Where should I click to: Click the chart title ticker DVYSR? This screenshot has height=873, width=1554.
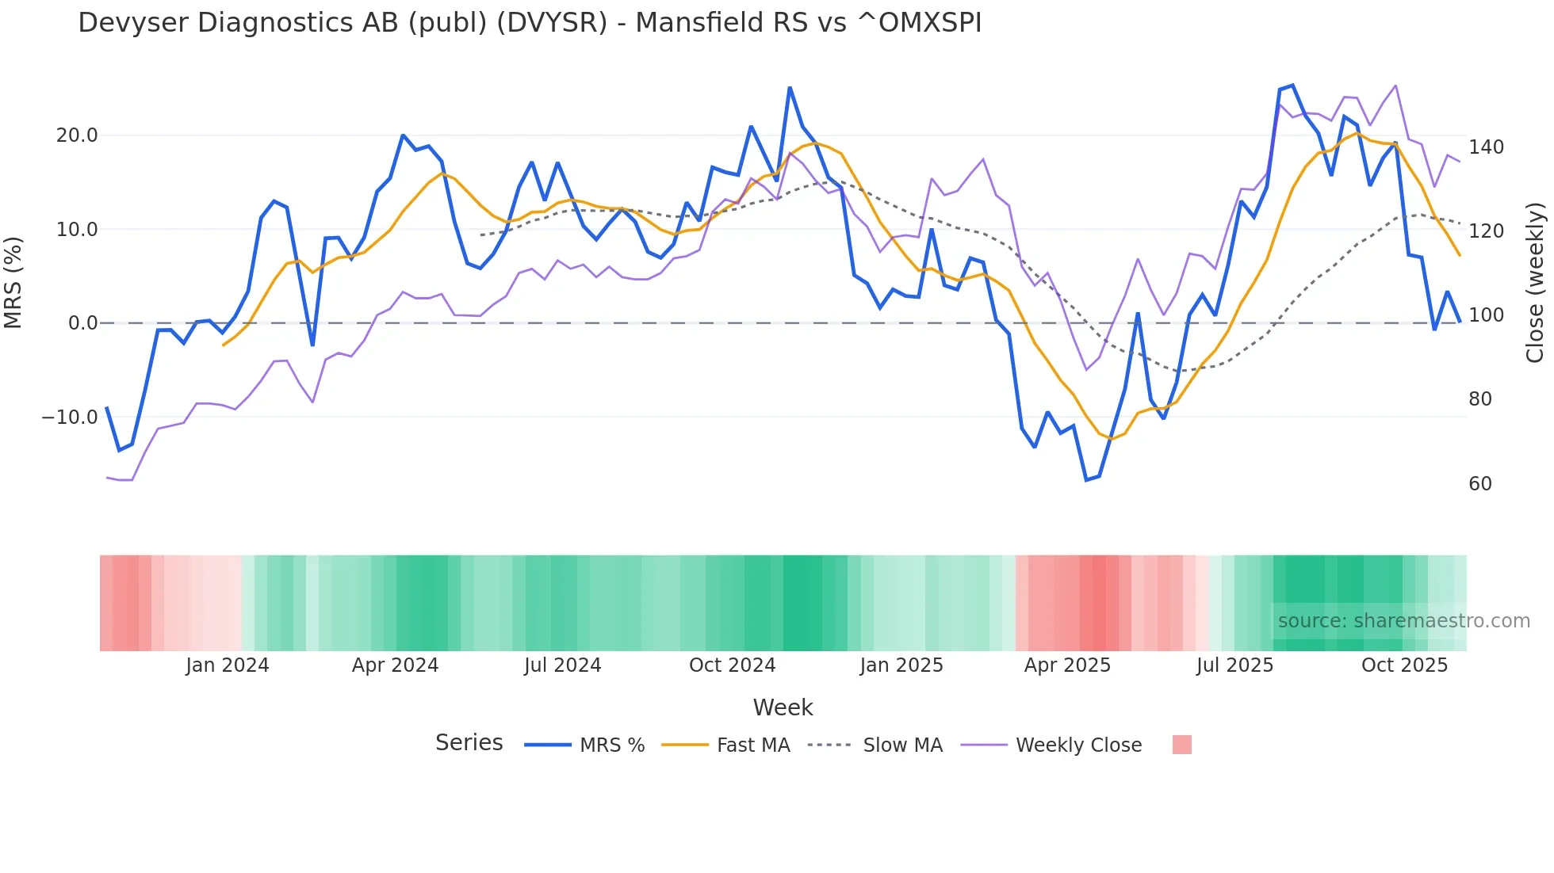(552, 23)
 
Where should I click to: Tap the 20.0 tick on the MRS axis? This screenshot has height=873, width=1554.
(77, 135)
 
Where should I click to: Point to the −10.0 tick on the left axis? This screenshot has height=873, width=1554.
(70, 417)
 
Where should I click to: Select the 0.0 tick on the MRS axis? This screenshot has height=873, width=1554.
(82, 323)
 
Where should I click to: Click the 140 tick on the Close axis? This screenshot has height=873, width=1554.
(1486, 147)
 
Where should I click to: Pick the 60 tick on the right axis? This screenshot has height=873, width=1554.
(1479, 484)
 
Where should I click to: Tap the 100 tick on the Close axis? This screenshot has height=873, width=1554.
(1486, 315)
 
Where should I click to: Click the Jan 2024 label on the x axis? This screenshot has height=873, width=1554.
(228, 665)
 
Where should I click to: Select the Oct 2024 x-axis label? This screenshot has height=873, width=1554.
(732, 665)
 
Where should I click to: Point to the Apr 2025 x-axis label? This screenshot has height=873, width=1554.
(1067, 665)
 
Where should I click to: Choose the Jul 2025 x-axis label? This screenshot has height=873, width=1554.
(1234, 665)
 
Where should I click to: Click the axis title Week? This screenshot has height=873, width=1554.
(783, 707)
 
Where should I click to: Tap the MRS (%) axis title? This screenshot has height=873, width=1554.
(13, 282)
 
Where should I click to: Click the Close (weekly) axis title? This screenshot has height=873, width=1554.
(1535, 282)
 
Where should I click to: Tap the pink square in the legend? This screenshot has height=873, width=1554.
(1181, 745)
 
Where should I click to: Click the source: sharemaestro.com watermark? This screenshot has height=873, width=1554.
(1403, 621)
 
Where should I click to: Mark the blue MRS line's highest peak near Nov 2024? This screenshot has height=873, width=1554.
(790, 88)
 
